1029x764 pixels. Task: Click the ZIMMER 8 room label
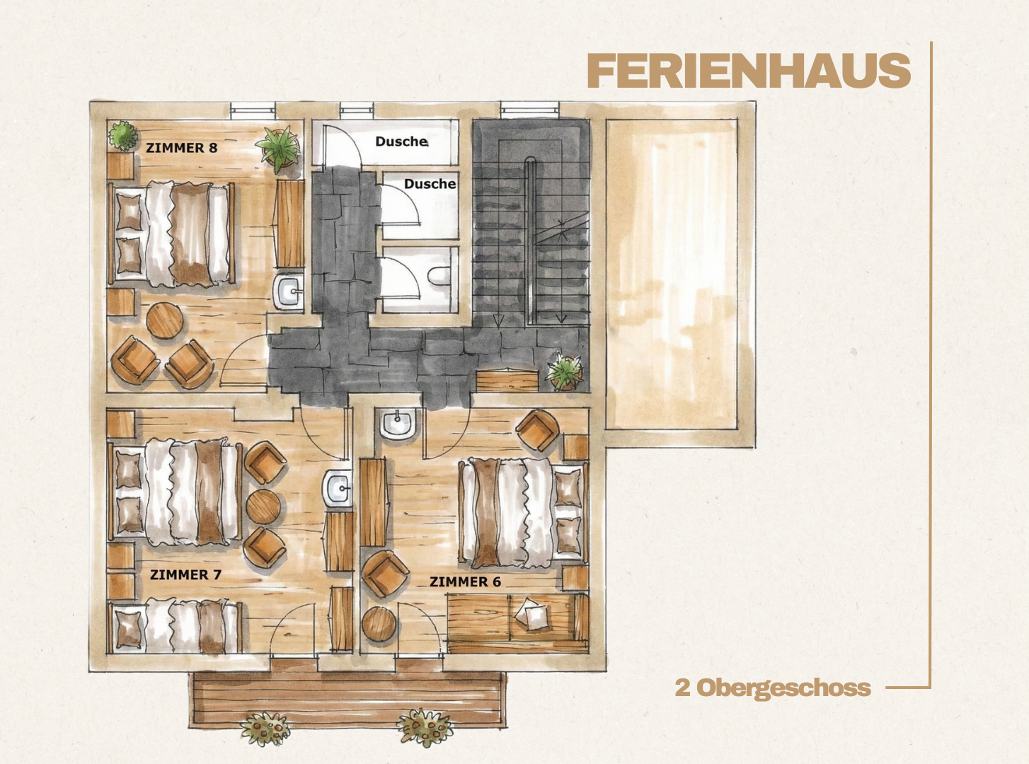[181, 148]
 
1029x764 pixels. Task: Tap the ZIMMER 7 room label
[185, 574]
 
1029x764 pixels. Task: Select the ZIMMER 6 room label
[466, 581]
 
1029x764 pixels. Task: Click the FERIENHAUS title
[748, 71]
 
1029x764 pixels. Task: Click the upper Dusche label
[401, 141]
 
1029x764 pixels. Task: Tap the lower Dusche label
[430, 184]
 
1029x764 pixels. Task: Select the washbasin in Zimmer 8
[289, 291]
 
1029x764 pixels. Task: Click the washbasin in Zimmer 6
[398, 423]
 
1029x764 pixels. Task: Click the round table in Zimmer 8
[164, 320]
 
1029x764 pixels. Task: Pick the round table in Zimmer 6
[379, 624]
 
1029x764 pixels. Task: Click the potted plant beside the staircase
[565, 371]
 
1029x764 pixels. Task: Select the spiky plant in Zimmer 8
[279, 146]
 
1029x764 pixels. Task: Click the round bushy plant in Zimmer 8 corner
[123, 135]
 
